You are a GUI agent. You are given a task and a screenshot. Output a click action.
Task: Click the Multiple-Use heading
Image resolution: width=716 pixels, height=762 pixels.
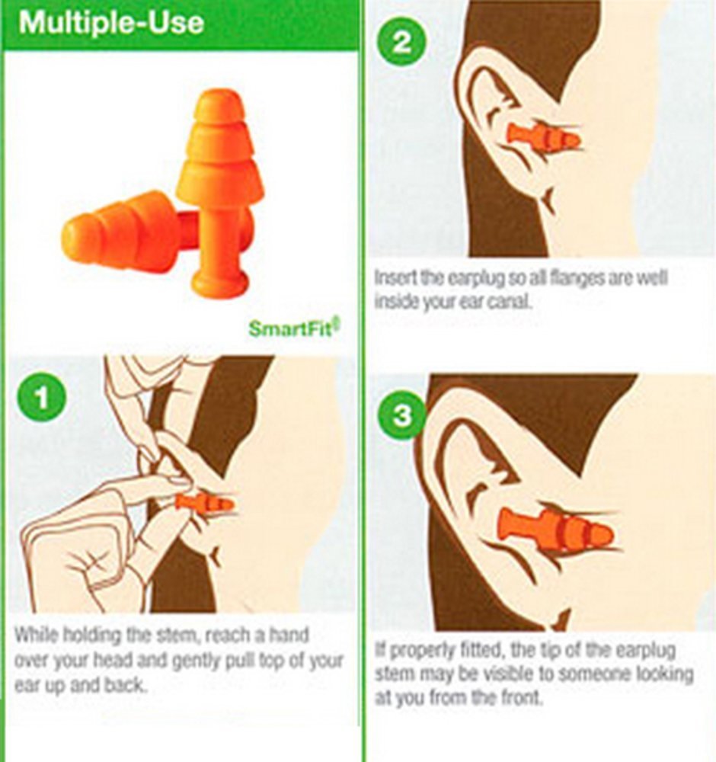point(112,23)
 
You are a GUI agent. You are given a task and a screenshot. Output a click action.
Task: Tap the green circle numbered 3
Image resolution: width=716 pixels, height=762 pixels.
point(401,415)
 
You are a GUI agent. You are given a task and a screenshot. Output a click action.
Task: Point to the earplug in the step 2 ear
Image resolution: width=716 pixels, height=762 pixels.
point(543,137)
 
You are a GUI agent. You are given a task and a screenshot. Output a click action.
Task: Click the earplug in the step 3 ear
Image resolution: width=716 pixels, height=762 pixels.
point(556,530)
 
